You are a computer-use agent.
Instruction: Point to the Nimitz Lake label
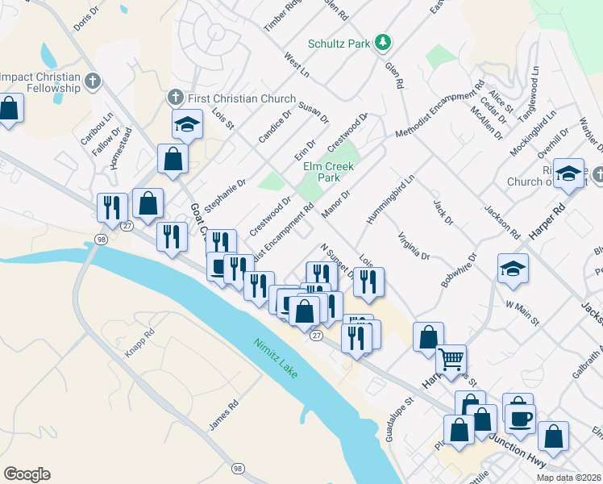coord(281,360)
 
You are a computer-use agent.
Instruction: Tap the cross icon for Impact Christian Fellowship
coord(94,81)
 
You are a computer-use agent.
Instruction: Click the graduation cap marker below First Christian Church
coord(187,124)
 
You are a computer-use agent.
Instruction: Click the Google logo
coord(27,474)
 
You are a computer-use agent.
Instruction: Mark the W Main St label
coord(522,311)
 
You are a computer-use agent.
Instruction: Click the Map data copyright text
coord(568,478)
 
